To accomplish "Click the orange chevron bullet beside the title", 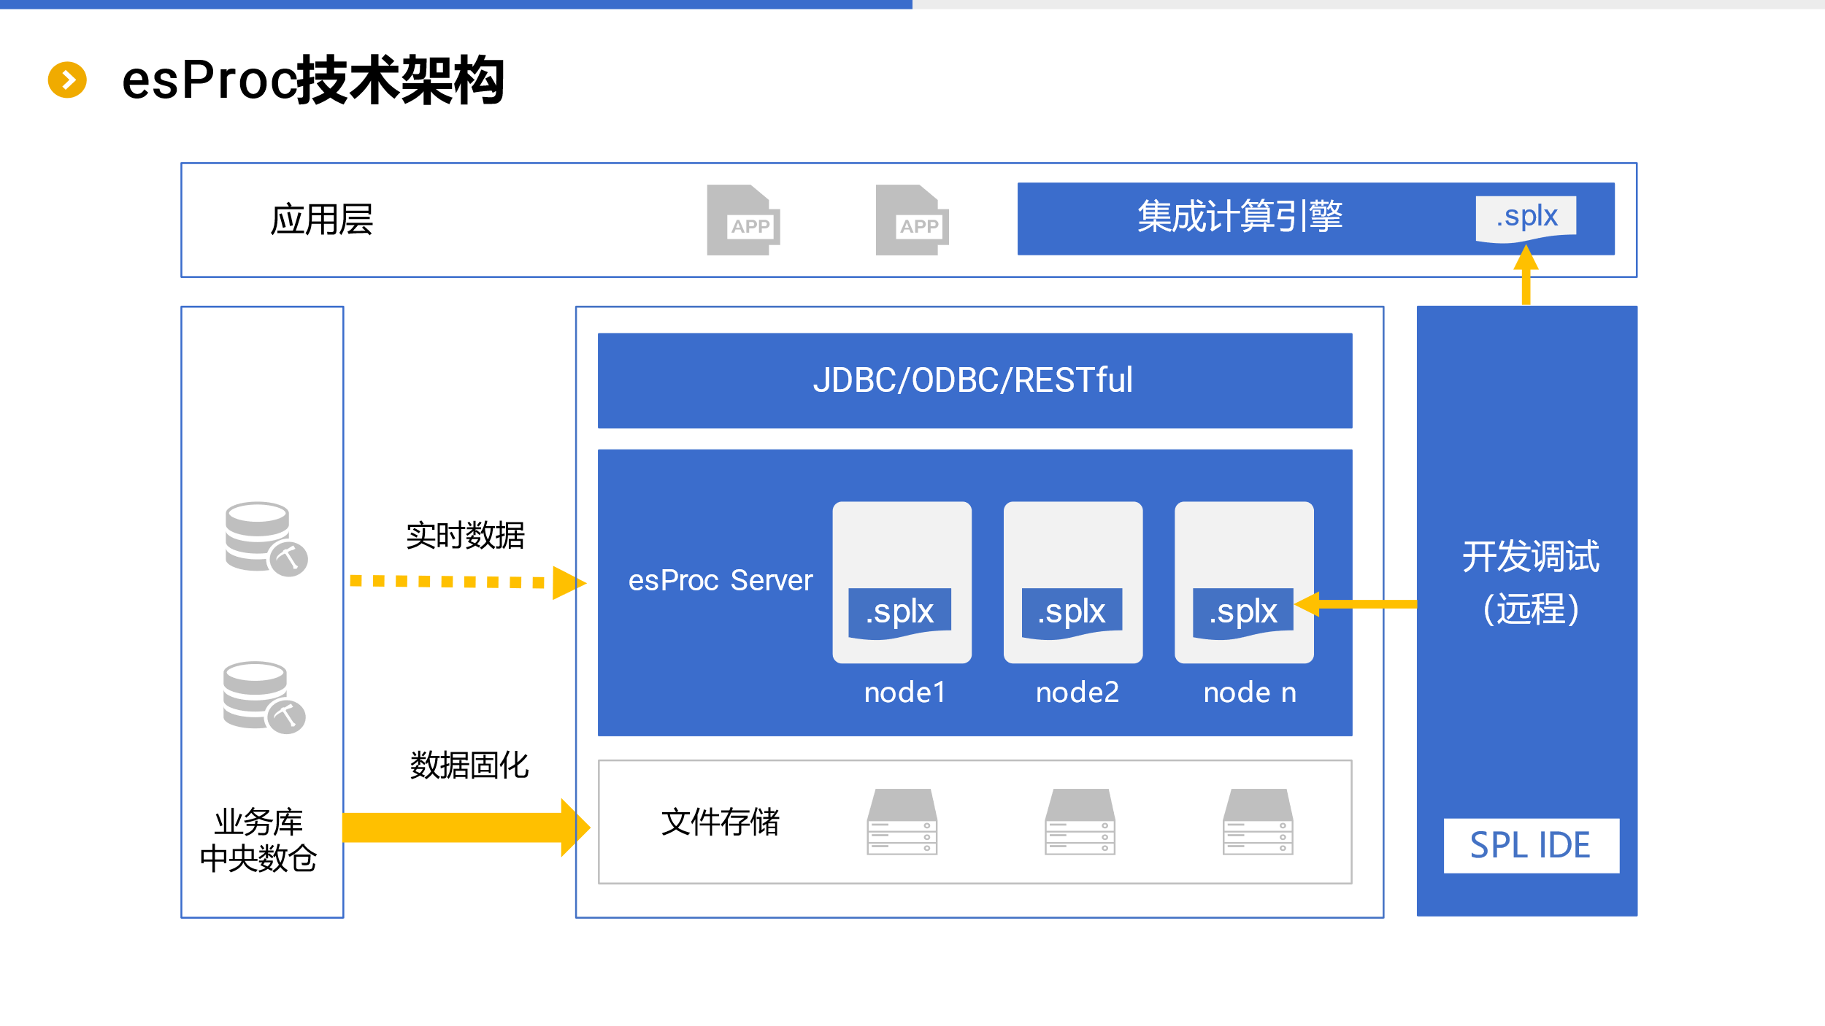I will click(67, 80).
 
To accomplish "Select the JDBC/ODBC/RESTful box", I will click(975, 380).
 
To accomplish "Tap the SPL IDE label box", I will click(1531, 845).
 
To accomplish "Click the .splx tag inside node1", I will click(899, 612).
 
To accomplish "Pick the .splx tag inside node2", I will click(1072, 612).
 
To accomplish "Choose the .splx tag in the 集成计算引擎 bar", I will click(1526, 217).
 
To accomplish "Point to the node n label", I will click(1250, 692).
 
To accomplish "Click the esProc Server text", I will click(720, 580).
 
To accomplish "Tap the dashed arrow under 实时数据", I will click(467, 582).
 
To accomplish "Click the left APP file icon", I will click(743, 220).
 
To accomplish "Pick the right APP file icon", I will click(912, 220).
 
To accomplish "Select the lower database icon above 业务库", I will click(264, 697).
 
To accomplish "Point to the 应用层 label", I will click(321, 220).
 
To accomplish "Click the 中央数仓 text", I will click(258, 858).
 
